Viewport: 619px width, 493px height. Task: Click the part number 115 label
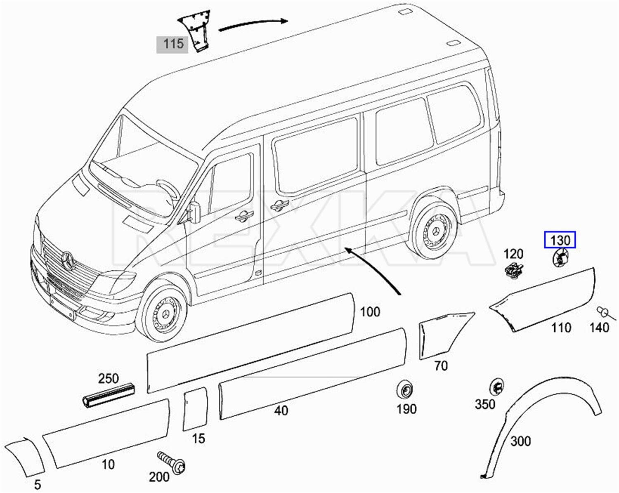pyautogui.click(x=172, y=44)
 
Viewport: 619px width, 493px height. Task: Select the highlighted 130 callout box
pyautogui.click(x=560, y=240)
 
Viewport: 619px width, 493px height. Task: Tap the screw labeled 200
pyautogui.click(x=172, y=462)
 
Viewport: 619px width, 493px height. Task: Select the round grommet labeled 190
pyautogui.click(x=405, y=389)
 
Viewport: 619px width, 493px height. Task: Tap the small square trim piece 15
pyautogui.click(x=195, y=408)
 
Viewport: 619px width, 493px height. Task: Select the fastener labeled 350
pyautogui.click(x=496, y=387)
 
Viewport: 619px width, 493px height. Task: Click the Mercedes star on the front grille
pyautogui.click(x=68, y=260)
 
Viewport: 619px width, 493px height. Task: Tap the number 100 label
pyautogui.click(x=370, y=311)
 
